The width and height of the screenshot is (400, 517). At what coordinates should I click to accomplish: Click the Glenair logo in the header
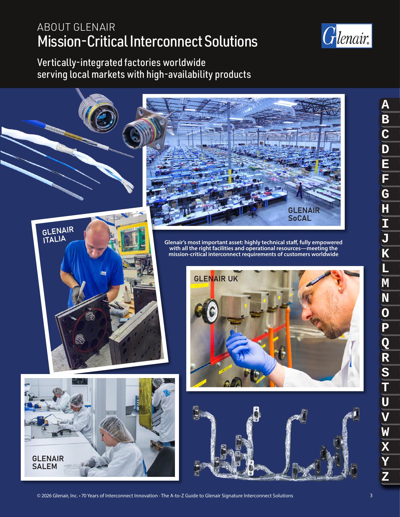tap(347, 36)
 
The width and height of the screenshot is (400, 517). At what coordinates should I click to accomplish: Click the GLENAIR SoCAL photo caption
tap(304, 214)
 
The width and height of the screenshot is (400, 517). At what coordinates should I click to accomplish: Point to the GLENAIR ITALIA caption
tap(58, 235)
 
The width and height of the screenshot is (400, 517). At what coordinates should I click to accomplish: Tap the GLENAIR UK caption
tap(216, 279)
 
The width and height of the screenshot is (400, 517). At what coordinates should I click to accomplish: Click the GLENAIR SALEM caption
tap(48, 462)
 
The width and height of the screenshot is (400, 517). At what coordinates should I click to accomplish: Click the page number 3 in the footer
tap(371, 495)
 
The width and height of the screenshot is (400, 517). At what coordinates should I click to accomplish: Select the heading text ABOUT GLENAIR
tap(76, 27)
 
